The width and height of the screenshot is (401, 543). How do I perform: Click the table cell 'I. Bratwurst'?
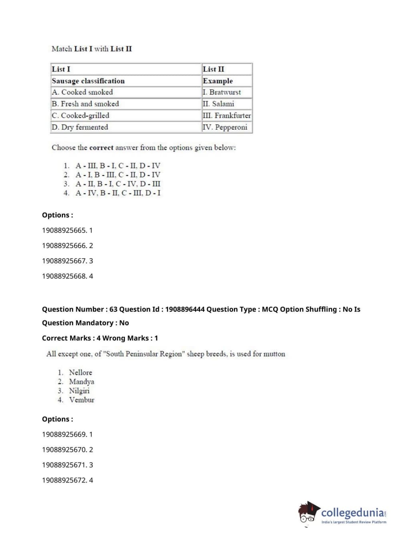click(222, 92)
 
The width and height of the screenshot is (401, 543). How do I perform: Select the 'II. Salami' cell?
click(218, 104)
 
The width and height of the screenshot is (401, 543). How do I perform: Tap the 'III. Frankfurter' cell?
click(227, 115)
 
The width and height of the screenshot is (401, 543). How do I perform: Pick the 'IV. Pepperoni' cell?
click(225, 127)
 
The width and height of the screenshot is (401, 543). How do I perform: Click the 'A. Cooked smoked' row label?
click(83, 92)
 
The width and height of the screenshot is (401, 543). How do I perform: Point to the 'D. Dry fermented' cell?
click(80, 127)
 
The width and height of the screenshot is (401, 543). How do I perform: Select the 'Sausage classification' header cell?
click(88, 81)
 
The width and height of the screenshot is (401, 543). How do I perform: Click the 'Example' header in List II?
click(218, 81)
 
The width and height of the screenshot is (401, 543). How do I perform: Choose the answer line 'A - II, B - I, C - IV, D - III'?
click(118, 184)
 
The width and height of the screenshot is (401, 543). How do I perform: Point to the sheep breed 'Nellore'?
click(81, 372)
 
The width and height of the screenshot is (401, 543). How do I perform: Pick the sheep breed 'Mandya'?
click(82, 382)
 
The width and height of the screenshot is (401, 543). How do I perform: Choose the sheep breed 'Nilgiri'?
click(79, 391)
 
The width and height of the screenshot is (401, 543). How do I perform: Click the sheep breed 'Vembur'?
click(82, 400)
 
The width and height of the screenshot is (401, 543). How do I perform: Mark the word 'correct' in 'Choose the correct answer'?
click(101, 147)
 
